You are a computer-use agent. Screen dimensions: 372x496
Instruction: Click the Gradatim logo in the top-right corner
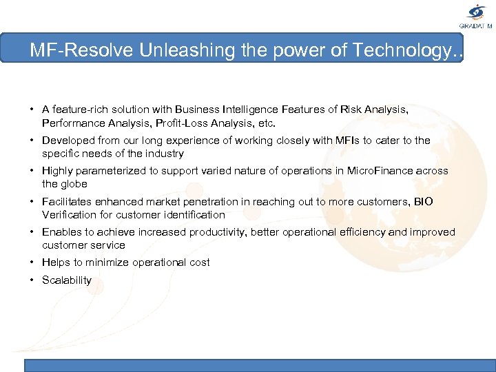(x=476, y=16)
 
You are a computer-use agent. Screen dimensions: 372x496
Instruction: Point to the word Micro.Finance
(x=378, y=171)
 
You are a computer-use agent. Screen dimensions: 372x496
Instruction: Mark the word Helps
(x=55, y=262)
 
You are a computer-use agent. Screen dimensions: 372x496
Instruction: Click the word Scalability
(x=67, y=280)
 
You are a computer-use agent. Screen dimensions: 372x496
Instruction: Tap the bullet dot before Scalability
(x=32, y=280)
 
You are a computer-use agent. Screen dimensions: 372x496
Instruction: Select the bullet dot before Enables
(x=32, y=231)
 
